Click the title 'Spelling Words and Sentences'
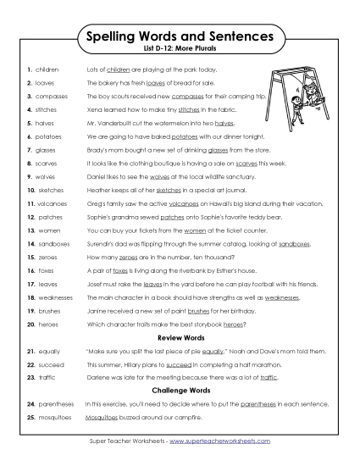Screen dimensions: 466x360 180,37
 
